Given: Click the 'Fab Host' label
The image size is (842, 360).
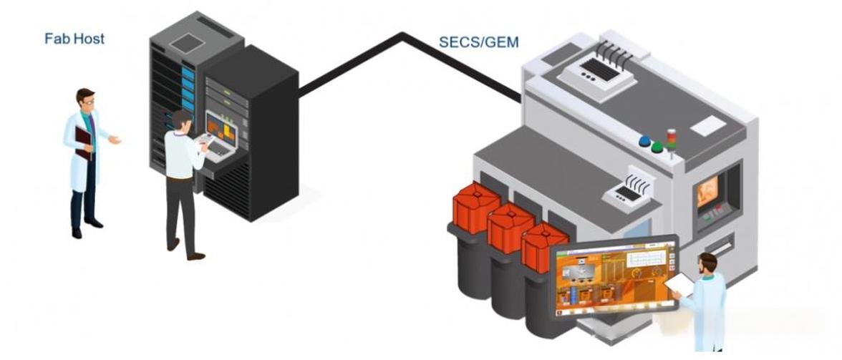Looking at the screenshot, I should pyautogui.click(x=74, y=39).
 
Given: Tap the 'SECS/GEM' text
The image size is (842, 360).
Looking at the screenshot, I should pyautogui.click(x=478, y=42).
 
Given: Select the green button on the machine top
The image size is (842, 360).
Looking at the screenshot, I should pyautogui.click(x=657, y=147).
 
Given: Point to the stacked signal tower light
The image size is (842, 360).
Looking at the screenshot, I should pyautogui.click(x=671, y=139).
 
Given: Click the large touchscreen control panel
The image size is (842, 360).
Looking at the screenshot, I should pyautogui.click(x=614, y=276).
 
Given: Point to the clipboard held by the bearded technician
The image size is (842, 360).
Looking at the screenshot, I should pyautogui.click(x=679, y=285).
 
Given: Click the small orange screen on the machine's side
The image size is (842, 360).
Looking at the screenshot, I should pyautogui.click(x=707, y=190).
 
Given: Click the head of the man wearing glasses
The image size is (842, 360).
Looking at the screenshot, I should pyautogui.click(x=85, y=100).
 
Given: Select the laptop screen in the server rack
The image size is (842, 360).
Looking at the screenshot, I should pyautogui.click(x=222, y=128).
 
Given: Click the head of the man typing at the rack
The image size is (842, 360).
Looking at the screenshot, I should pyautogui.click(x=182, y=120).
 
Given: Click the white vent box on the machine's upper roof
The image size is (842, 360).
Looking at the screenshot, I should pyautogui.click(x=597, y=72).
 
